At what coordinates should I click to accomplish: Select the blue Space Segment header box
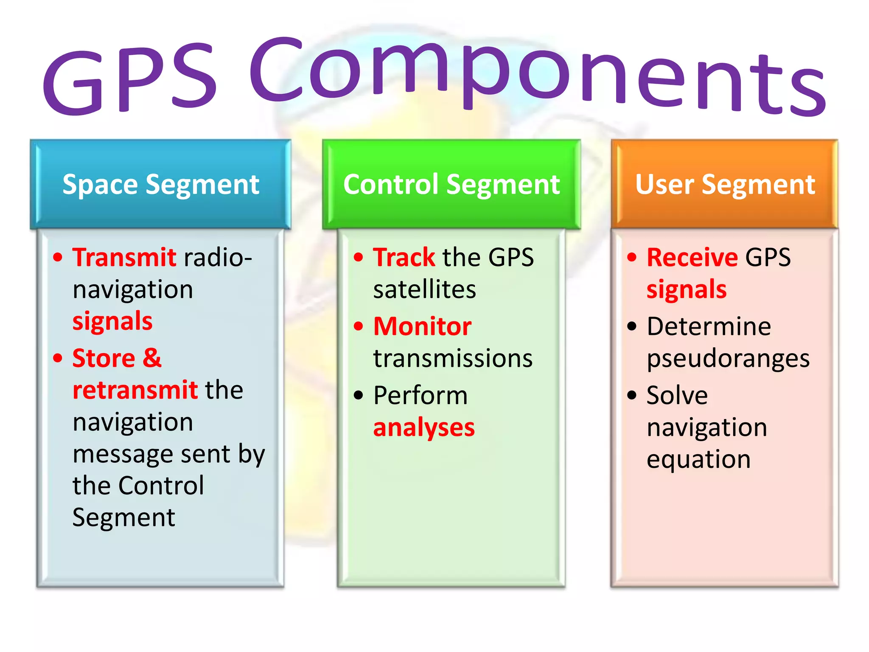(160, 185)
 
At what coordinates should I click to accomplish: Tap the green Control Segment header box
(451, 185)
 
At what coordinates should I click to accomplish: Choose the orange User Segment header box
(725, 185)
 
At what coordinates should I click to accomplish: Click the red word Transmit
(124, 257)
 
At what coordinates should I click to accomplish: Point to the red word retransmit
(135, 390)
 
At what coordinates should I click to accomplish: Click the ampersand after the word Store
(152, 358)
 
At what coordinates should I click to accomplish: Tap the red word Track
(404, 257)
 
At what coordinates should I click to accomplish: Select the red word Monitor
(422, 326)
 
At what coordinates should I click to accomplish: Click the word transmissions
(453, 358)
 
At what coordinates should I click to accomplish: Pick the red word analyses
(424, 427)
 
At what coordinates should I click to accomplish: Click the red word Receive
(692, 257)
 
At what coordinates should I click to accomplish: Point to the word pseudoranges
(728, 359)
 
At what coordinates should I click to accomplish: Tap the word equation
(698, 460)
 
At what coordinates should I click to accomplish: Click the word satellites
(424, 289)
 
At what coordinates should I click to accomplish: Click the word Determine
(709, 326)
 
